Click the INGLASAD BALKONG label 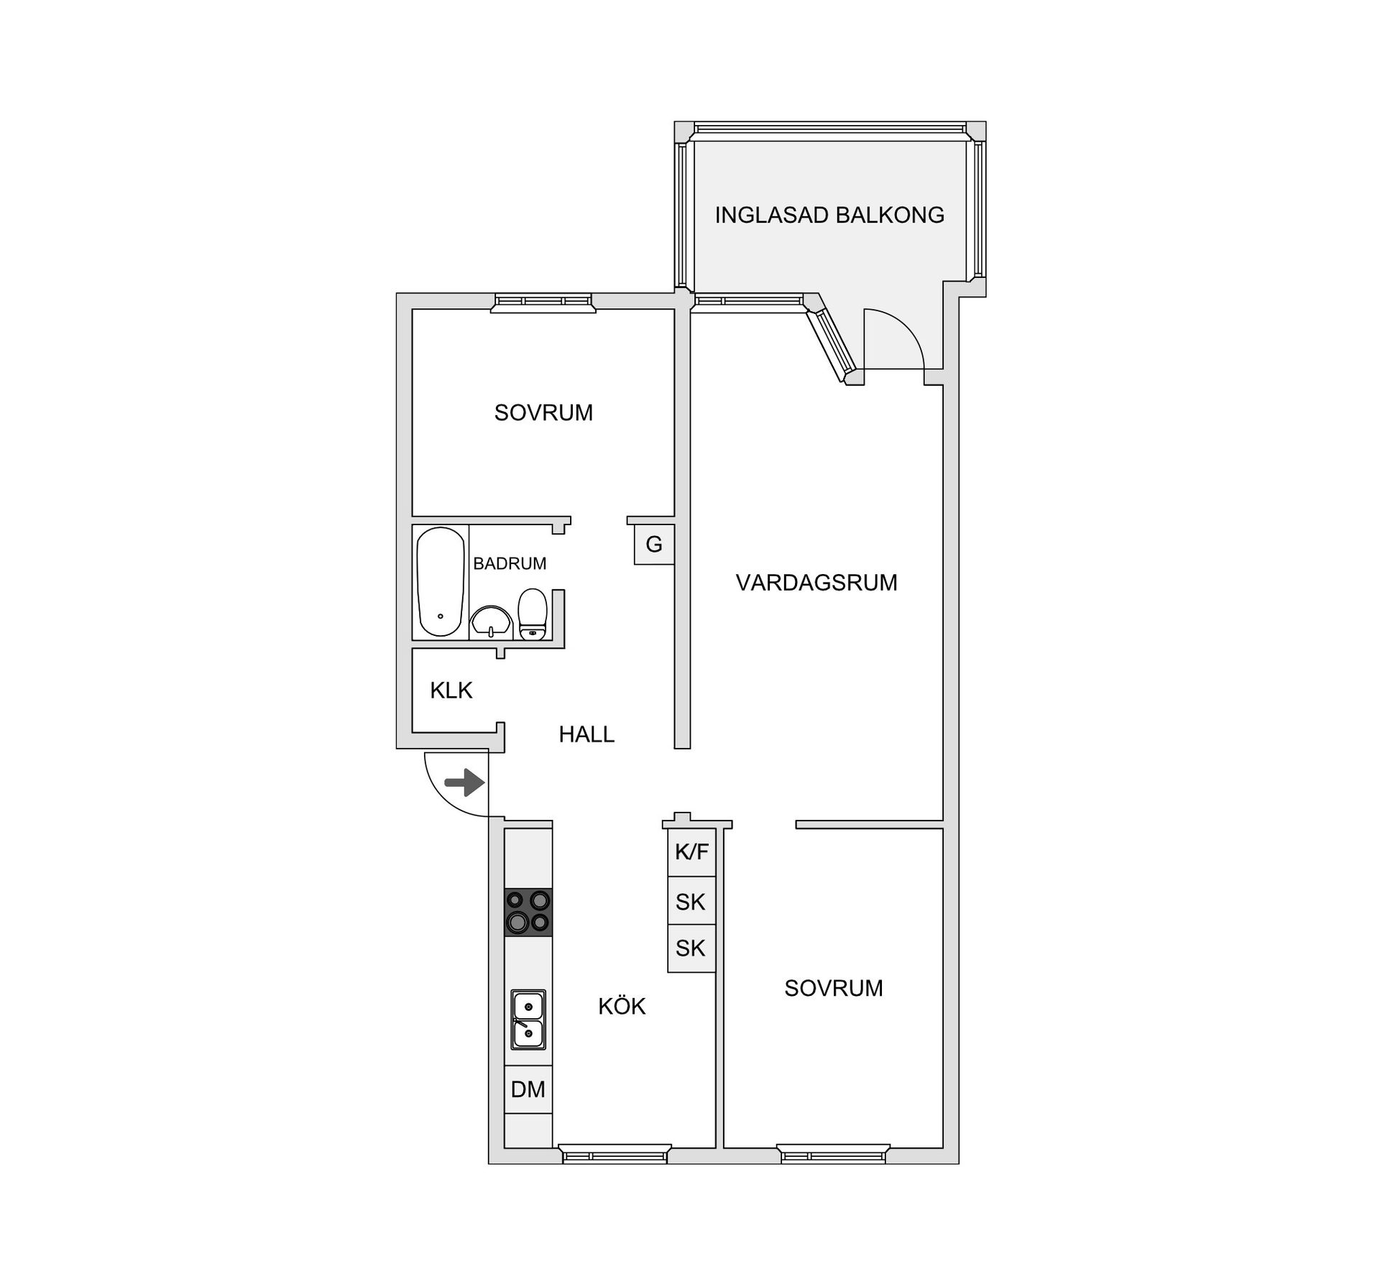pos(829,215)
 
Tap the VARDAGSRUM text pos(816,582)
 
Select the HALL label pos(586,734)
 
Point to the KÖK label pos(622,1007)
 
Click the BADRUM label pos(510,563)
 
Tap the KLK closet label pos(451,691)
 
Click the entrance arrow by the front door pos(464,782)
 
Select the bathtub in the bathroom pos(441,581)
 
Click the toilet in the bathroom pos(532,614)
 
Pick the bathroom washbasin pos(491,621)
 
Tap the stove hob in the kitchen pos(528,912)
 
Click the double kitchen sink pos(528,1020)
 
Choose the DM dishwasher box pos(528,1089)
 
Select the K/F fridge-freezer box pos(691,852)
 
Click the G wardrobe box pos(654,545)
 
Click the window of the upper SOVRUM pos(543,302)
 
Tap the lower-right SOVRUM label pos(833,988)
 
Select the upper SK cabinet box pos(691,901)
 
